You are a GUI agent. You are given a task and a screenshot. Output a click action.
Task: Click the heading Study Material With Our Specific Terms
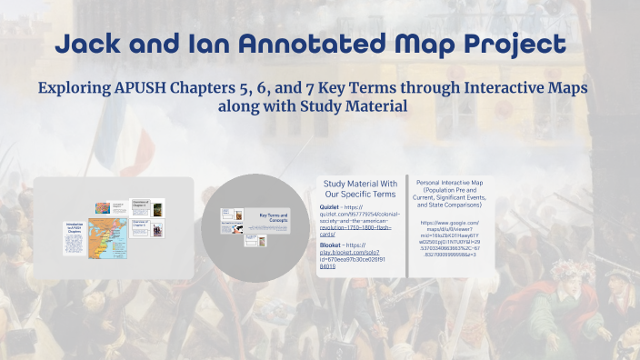pos(360,189)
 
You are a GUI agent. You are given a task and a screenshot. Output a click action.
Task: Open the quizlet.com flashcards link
pos(359,224)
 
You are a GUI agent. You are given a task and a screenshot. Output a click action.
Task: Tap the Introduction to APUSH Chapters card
pos(75,238)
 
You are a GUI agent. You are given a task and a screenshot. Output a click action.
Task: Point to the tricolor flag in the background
pos(114,136)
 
